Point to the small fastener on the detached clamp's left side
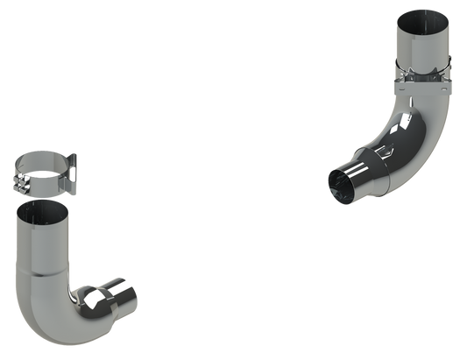18,180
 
